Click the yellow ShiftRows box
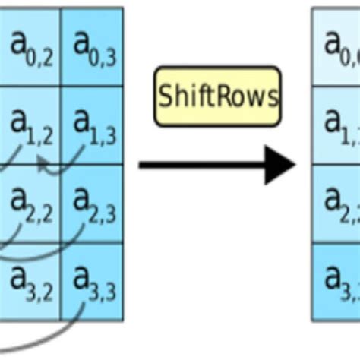(217, 96)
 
